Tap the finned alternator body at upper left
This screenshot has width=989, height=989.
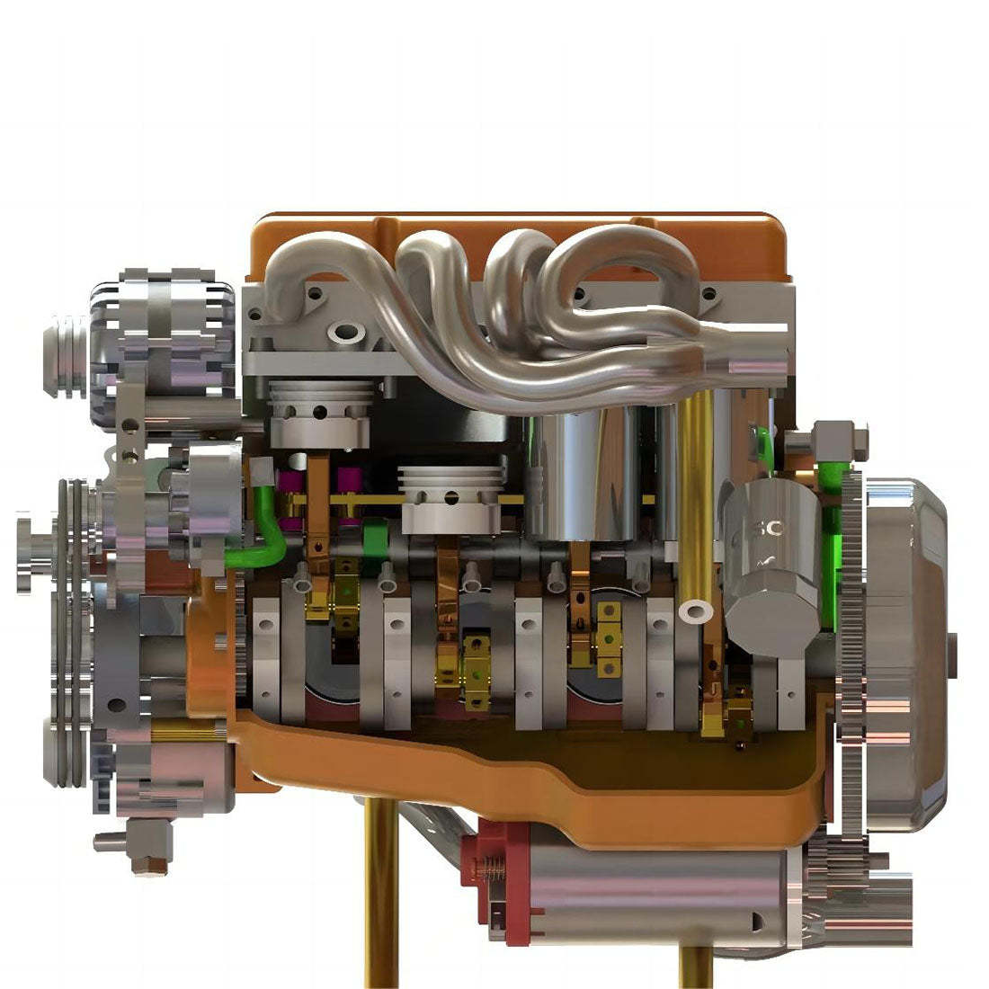(x=166, y=328)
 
